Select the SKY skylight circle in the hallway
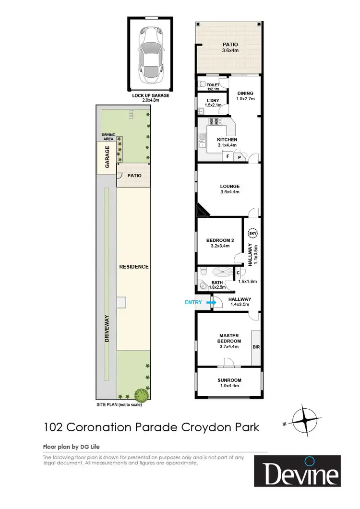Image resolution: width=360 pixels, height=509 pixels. [x=252, y=234]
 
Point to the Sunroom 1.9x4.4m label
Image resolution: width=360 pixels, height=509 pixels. [x=228, y=383]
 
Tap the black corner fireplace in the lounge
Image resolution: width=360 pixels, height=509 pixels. [x=201, y=210]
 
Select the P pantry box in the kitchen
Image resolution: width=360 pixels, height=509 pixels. [x=238, y=157]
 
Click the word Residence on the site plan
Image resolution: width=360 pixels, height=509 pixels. [x=134, y=267]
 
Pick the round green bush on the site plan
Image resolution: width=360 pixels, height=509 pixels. [x=142, y=394]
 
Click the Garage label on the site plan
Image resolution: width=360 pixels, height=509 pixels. [x=108, y=156]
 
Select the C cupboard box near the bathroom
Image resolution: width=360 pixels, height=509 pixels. [x=238, y=273]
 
